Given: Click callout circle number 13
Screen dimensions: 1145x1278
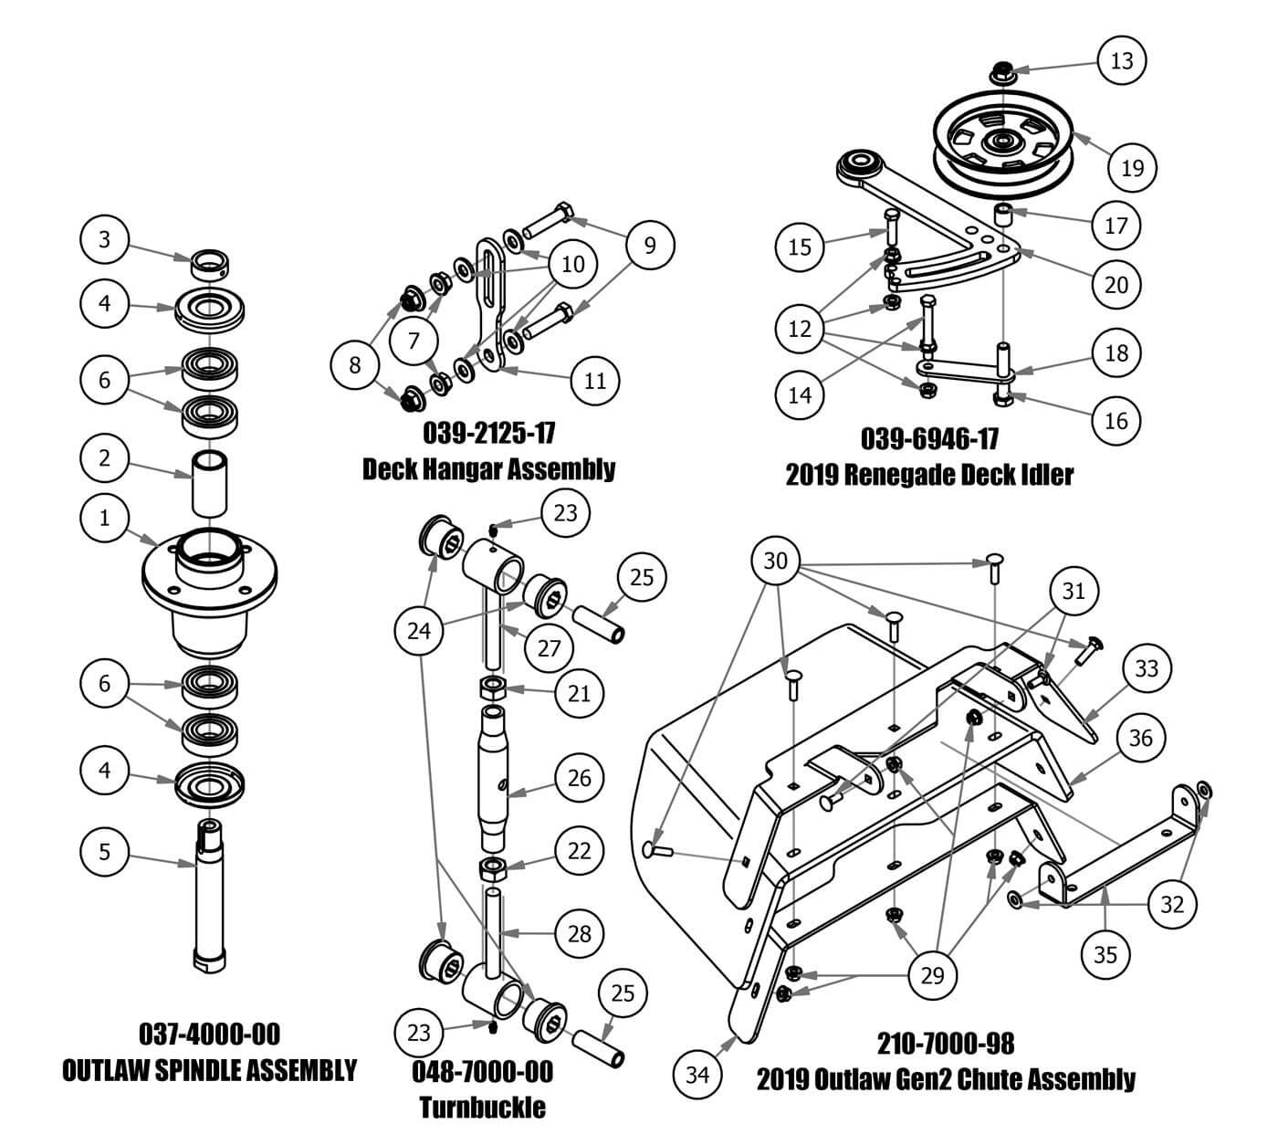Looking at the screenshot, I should [1121, 60].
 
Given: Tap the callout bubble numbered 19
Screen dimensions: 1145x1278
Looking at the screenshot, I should [1132, 167].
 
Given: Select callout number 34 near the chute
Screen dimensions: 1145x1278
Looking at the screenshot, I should [697, 1075].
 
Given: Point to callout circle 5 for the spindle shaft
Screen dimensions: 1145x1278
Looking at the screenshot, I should [104, 852].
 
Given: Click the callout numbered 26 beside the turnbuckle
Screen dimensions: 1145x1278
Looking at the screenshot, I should [580, 778].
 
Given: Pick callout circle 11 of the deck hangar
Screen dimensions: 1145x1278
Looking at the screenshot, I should [594, 380].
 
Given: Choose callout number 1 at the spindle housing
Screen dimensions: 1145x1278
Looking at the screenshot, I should [104, 518].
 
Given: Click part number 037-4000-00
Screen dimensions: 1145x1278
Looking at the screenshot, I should [209, 1034].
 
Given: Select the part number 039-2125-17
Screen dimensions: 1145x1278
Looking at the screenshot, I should [488, 431].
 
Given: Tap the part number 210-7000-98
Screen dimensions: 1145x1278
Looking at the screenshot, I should [946, 1043].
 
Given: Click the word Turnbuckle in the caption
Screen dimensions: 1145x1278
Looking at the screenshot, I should [483, 1108].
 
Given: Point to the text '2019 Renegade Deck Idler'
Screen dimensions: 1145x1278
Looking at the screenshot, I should [929, 475].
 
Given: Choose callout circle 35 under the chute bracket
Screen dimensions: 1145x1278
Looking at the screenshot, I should [1105, 955].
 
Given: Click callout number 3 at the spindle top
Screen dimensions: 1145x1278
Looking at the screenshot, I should [104, 239].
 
